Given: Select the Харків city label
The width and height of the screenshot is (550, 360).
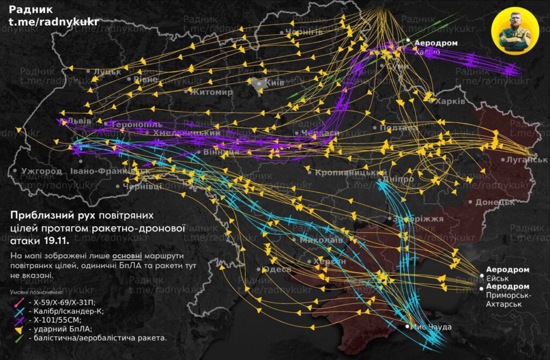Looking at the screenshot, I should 450,101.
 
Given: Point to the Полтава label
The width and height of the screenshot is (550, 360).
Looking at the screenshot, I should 398,128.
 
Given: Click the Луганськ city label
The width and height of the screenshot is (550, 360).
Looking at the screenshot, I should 524,160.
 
